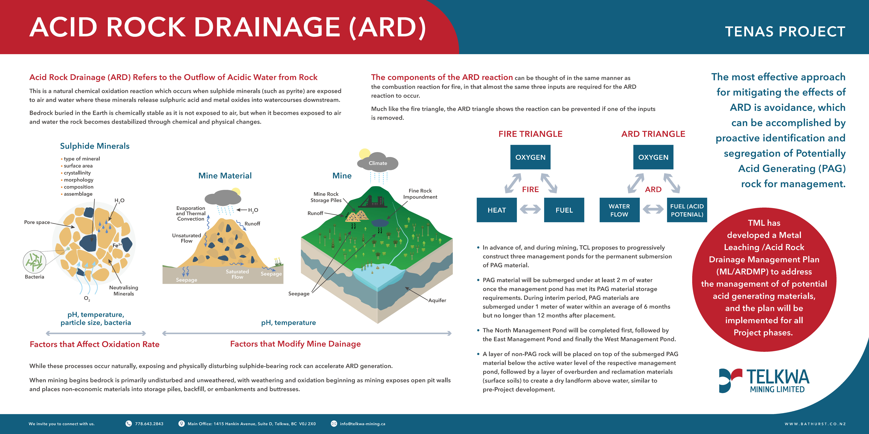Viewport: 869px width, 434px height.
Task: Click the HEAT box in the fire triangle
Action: click(497, 210)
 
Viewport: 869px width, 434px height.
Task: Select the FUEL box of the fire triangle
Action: click(564, 210)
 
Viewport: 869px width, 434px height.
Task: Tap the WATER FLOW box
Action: click(619, 210)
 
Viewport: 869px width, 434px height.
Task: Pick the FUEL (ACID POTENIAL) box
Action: click(687, 210)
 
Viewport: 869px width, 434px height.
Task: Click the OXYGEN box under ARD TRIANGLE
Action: click(653, 157)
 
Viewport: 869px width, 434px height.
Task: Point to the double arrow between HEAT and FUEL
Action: click(530, 210)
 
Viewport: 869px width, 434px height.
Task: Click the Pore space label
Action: click(37, 222)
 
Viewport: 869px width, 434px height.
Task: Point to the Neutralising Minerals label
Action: click(124, 290)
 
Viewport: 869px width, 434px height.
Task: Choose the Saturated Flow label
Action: click(237, 274)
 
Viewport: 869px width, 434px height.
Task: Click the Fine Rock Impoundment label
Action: click(420, 194)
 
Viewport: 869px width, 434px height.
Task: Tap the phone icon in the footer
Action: click(129, 424)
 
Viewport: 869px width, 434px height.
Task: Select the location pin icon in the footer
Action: click(181, 424)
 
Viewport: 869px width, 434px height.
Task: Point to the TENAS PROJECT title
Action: click(785, 31)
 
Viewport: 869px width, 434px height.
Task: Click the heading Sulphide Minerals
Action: click(95, 146)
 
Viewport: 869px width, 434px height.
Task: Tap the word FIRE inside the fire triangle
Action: click(530, 189)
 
